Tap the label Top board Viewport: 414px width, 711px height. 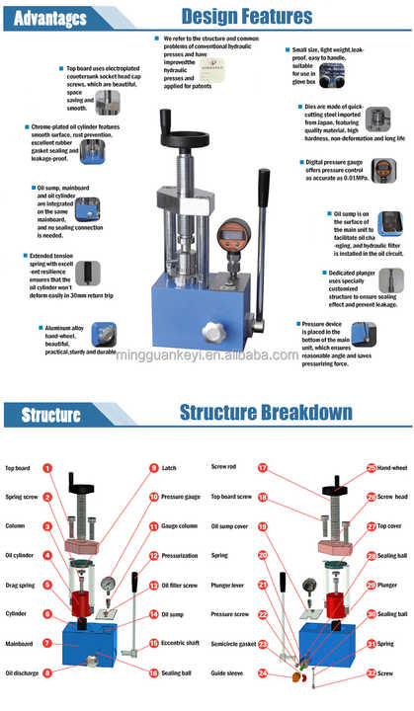point(19,468)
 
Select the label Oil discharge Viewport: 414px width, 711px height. point(22,673)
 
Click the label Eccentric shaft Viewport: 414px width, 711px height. point(182,643)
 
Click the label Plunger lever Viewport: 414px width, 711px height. point(225,586)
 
